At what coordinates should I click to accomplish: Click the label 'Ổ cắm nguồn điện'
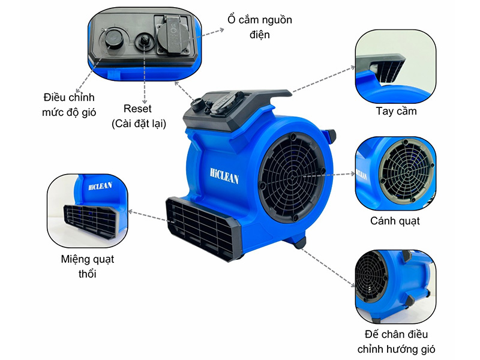(x=259, y=27)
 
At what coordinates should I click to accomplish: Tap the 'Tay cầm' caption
(x=396, y=111)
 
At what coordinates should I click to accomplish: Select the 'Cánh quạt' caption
(x=395, y=221)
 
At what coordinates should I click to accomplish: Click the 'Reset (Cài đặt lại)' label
(x=138, y=116)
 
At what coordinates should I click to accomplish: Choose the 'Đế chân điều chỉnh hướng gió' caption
(x=397, y=341)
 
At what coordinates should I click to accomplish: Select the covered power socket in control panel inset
(x=175, y=37)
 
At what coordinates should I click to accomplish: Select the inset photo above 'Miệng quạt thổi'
(x=88, y=209)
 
